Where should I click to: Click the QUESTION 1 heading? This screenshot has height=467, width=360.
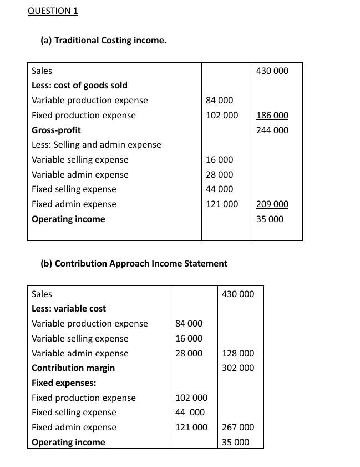point(53,11)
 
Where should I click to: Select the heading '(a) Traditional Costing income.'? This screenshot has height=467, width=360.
point(103,41)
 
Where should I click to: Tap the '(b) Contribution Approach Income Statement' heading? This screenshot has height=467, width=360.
point(134,264)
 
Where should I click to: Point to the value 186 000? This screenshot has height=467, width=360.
point(272,116)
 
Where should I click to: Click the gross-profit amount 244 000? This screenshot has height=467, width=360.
point(272,130)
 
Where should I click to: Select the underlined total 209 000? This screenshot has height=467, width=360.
point(272,204)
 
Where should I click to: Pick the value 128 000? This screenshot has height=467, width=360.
point(237,354)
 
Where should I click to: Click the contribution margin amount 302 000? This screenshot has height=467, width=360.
point(237,368)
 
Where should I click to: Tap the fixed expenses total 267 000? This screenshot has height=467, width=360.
point(237,428)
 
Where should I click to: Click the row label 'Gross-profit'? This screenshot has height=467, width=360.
point(56,130)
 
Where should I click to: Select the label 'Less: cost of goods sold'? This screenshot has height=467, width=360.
point(79,86)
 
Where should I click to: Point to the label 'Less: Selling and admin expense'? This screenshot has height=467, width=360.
point(96,145)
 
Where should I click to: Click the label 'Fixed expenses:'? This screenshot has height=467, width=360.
point(64,383)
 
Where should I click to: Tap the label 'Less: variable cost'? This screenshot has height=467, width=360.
point(69,309)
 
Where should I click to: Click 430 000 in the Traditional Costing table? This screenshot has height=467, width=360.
point(272,71)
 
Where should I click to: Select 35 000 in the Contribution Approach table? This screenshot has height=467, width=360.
point(235,443)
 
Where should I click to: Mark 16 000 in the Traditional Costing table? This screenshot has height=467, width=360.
point(219,160)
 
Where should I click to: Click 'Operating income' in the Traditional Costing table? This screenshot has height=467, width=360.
point(68,219)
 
